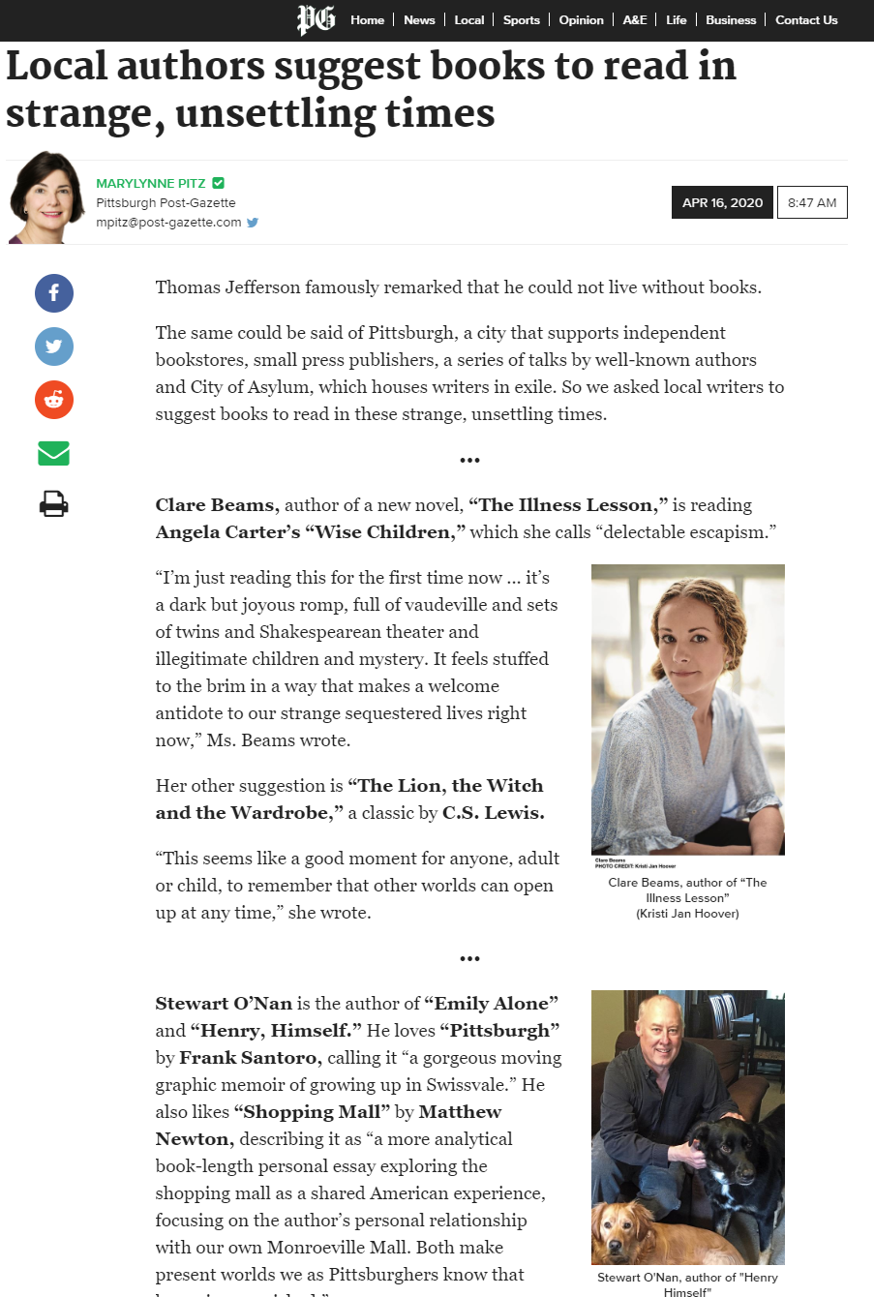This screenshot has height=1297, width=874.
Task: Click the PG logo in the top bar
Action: point(316,19)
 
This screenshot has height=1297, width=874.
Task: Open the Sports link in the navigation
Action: point(521,20)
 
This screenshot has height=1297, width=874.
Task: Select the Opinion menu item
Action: point(581,20)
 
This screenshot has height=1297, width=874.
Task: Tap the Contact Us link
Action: point(806,20)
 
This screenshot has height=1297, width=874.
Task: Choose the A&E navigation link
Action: point(635,20)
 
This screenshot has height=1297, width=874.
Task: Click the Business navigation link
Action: point(731,20)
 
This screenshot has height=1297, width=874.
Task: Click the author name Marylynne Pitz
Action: point(150,183)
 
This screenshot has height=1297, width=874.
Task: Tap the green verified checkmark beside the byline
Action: point(219,183)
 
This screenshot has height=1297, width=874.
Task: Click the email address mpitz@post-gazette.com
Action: point(168,222)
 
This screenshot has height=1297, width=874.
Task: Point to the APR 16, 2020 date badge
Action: point(722,202)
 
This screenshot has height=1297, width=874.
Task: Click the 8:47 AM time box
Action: point(812,202)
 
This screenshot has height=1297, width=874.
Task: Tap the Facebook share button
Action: point(54,292)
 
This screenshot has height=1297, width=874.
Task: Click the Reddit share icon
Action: point(54,400)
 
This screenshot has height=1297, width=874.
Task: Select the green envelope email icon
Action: point(54,453)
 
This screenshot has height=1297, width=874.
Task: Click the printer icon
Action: point(54,504)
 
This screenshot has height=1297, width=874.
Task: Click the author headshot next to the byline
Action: point(46,197)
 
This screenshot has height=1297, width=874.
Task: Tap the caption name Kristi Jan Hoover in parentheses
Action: point(687,914)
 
